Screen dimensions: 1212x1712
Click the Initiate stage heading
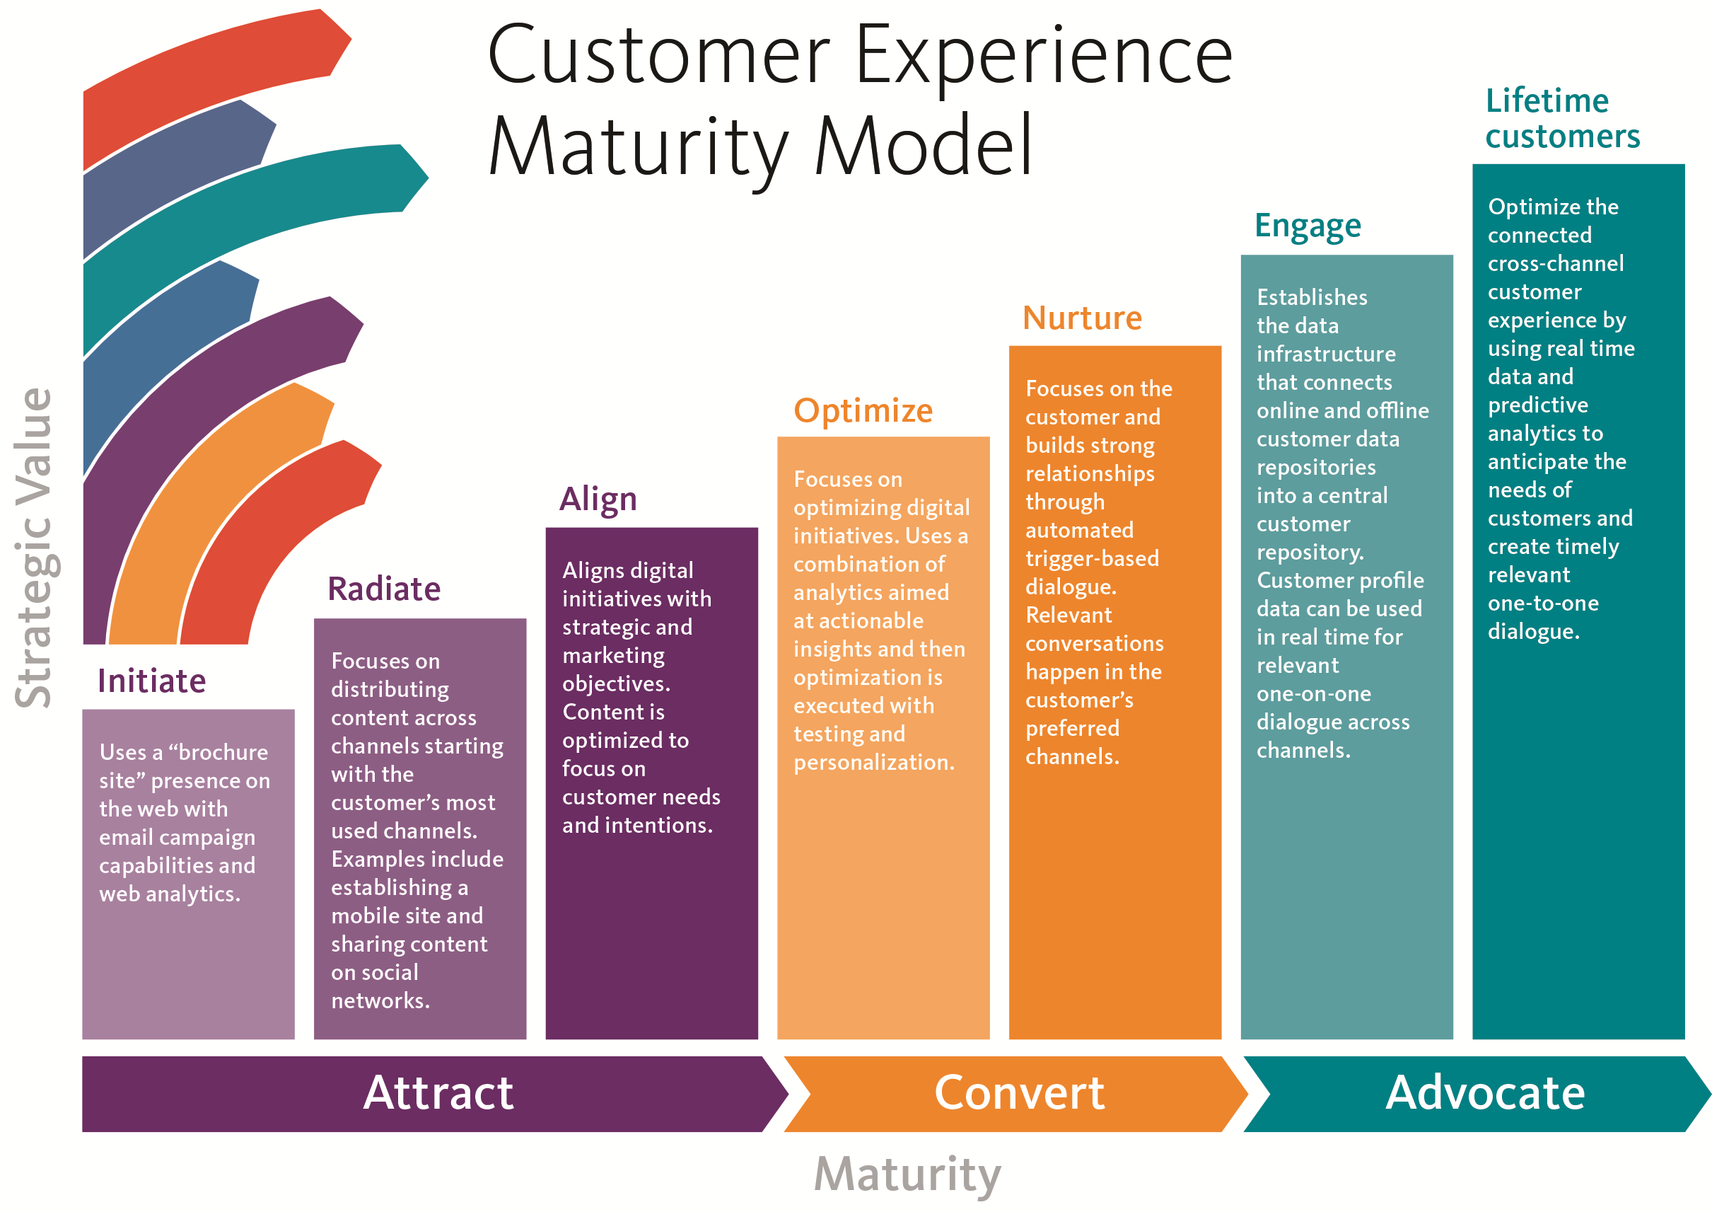(x=151, y=681)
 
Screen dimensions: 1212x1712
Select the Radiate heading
(x=383, y=589)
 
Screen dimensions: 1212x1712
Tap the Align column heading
(x=598, y=500)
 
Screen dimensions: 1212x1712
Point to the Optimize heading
(x=863, y=410)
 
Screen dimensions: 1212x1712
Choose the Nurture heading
(x=1082, y=318)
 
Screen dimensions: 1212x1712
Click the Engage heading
(x=1308, y=226)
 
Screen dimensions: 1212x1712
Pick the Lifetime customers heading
(x=1562, y=119)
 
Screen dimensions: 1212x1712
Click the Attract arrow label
(x=438, y=1093)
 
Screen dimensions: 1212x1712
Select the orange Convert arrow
(x=1019, y=1093)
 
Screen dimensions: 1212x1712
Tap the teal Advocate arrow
(x=1484, y=1093)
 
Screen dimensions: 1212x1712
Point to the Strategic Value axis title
(x=33, y=548)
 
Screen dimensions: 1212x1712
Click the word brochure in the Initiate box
(x=223, y=752)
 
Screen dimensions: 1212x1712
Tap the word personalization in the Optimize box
(x=873, y=763)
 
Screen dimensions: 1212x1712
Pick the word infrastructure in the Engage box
(x=1326, y=354)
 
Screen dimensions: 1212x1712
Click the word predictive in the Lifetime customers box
(x=1537, y=405)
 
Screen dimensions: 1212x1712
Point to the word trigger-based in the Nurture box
(x=1092, y=559)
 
